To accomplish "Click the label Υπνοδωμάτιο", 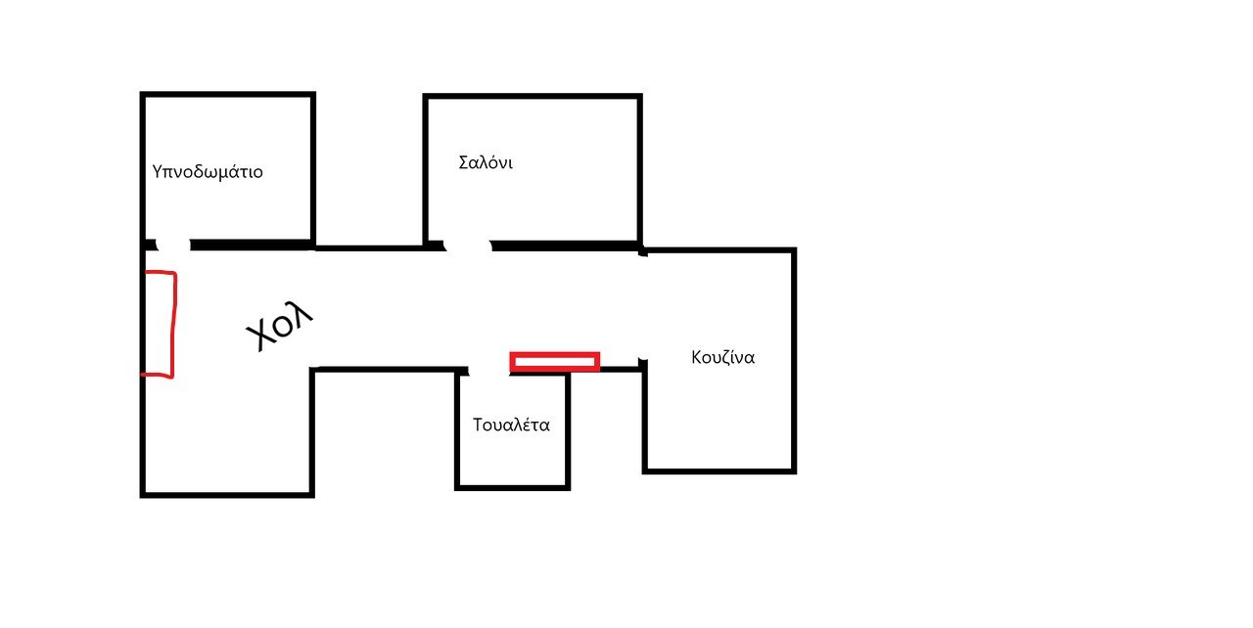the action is coord(208,171).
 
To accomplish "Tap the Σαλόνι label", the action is coord(486,162).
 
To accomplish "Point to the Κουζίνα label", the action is coord(722,357).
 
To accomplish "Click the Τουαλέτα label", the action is coord(511,425).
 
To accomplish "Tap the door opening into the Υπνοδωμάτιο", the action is coord(173,245).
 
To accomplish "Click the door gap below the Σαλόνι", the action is coord(468,246).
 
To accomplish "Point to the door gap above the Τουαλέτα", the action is coord(488,371).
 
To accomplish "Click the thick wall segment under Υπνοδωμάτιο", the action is coord(252,245).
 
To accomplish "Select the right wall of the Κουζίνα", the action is coord(794,361).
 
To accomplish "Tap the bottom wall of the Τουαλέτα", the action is coord(512,488).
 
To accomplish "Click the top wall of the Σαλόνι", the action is coord(533,97).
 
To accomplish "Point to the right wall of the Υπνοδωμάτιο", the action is coord(312,168).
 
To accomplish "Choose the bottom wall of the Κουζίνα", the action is coord(719,471).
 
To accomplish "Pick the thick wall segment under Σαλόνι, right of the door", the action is coord(566,246).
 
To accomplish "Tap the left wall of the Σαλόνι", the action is coord(426,170).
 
